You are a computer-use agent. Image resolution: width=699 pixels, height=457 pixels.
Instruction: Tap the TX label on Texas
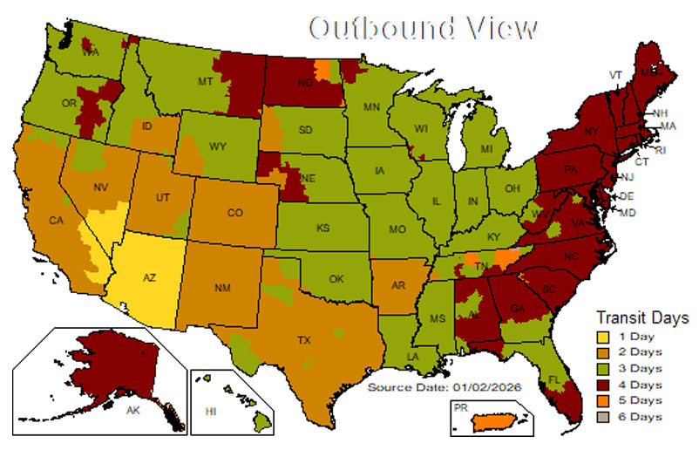(304, 338)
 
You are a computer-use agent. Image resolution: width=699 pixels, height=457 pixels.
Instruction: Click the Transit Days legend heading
(641, 317)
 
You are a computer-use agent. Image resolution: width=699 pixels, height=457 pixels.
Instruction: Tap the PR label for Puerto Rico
(460, 407)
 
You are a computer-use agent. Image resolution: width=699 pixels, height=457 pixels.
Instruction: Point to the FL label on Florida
(528, 379)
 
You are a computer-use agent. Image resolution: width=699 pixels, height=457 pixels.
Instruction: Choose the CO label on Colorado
(234, 212)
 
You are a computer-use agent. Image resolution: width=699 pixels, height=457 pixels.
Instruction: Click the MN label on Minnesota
(372, 107)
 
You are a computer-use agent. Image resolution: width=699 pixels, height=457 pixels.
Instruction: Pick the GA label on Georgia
(517, 307)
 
